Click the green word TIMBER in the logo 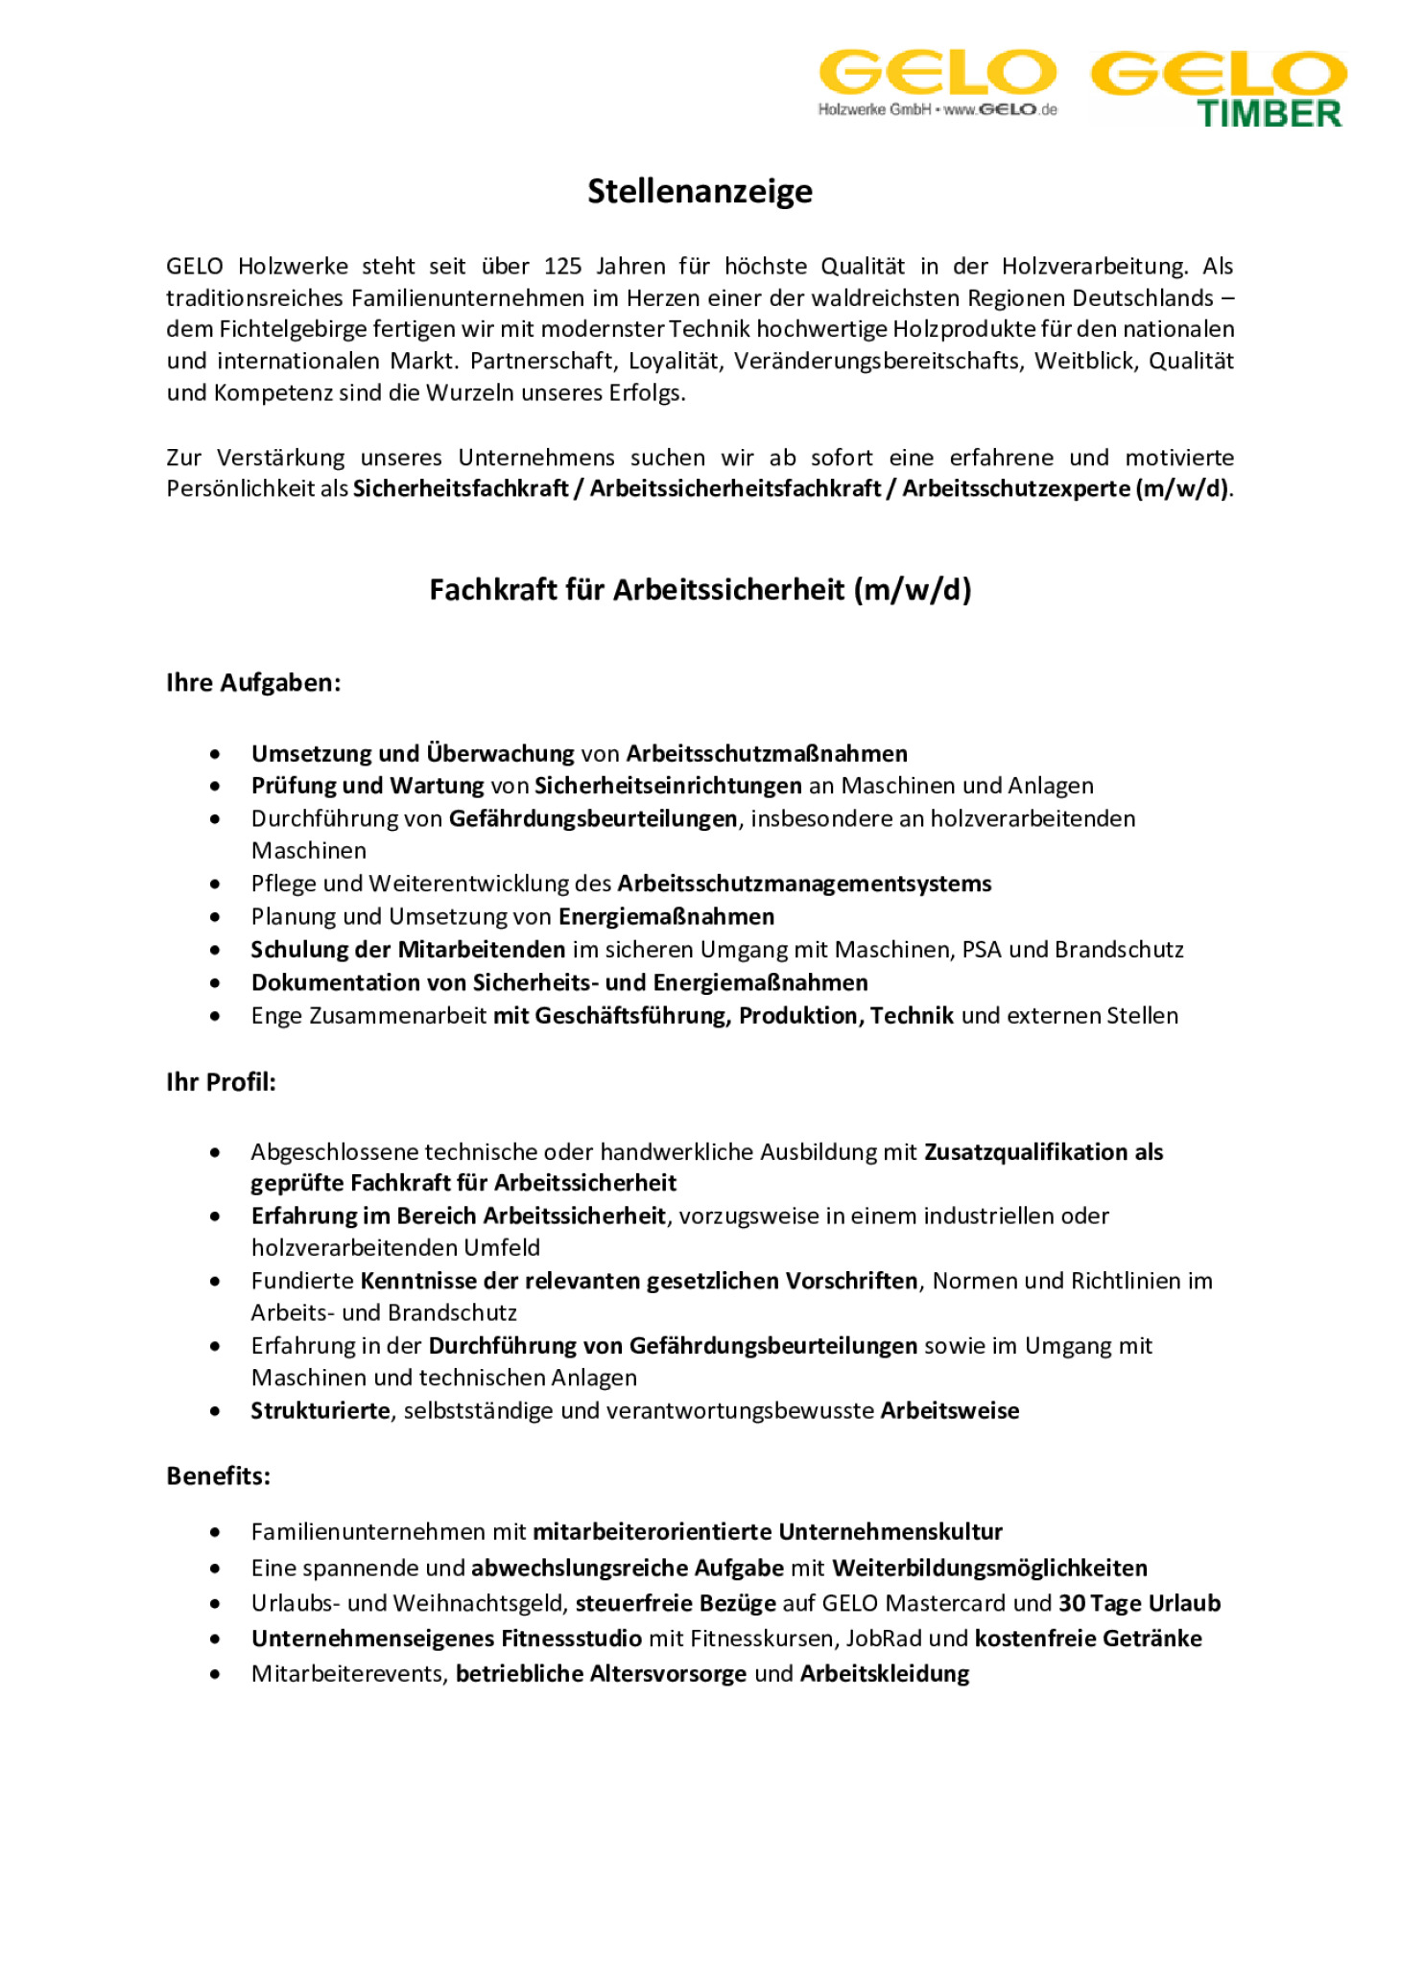point(1269,114)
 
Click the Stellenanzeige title point(700,191)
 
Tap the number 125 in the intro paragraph point(563,266)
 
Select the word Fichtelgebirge point(279,329)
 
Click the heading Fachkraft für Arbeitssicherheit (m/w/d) point(700,589)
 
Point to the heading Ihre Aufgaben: point(253,683)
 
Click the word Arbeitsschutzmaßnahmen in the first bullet point(766,754)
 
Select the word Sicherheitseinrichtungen point(667,786)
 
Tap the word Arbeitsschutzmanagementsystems point(803,884)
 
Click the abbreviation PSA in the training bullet point(982,950)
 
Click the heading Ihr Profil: point(221,1082)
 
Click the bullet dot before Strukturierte point(215,1411)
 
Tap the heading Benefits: point(218,1476)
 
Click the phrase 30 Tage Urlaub point(1139,1604)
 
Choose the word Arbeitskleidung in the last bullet point(884,1674)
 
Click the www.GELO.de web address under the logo point(1000,110)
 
